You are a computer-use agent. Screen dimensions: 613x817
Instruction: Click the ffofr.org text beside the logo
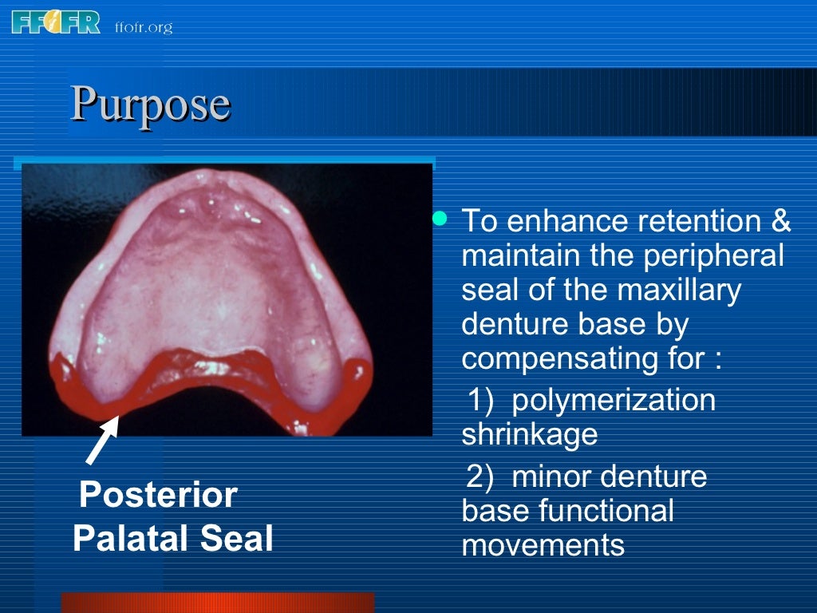pyautogui.click(x=144, y=28)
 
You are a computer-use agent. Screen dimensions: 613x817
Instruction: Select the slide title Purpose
pyautogui.click(x=151, y=104)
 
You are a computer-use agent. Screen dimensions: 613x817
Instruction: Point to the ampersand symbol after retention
pyautogui.click(x=781, y=221)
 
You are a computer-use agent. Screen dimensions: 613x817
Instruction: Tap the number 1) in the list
pyautogui.click(x=481, y=399)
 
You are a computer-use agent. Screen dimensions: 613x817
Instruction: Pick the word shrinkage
pyautogui.click(x=529, y=435)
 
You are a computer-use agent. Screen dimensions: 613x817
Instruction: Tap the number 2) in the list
pyautogui.click(x=482, y=477)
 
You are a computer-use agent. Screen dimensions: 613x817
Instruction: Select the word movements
pyautogui.click(x=543, y=545)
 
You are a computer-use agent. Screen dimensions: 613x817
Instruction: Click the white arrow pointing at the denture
pyautogui.click(x=102, y=439)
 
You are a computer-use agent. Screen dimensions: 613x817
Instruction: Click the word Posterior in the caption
pyautogui.click(x=158, y=496)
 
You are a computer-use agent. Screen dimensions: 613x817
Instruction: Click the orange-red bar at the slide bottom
pyautogui.click(x=217, y=603)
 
